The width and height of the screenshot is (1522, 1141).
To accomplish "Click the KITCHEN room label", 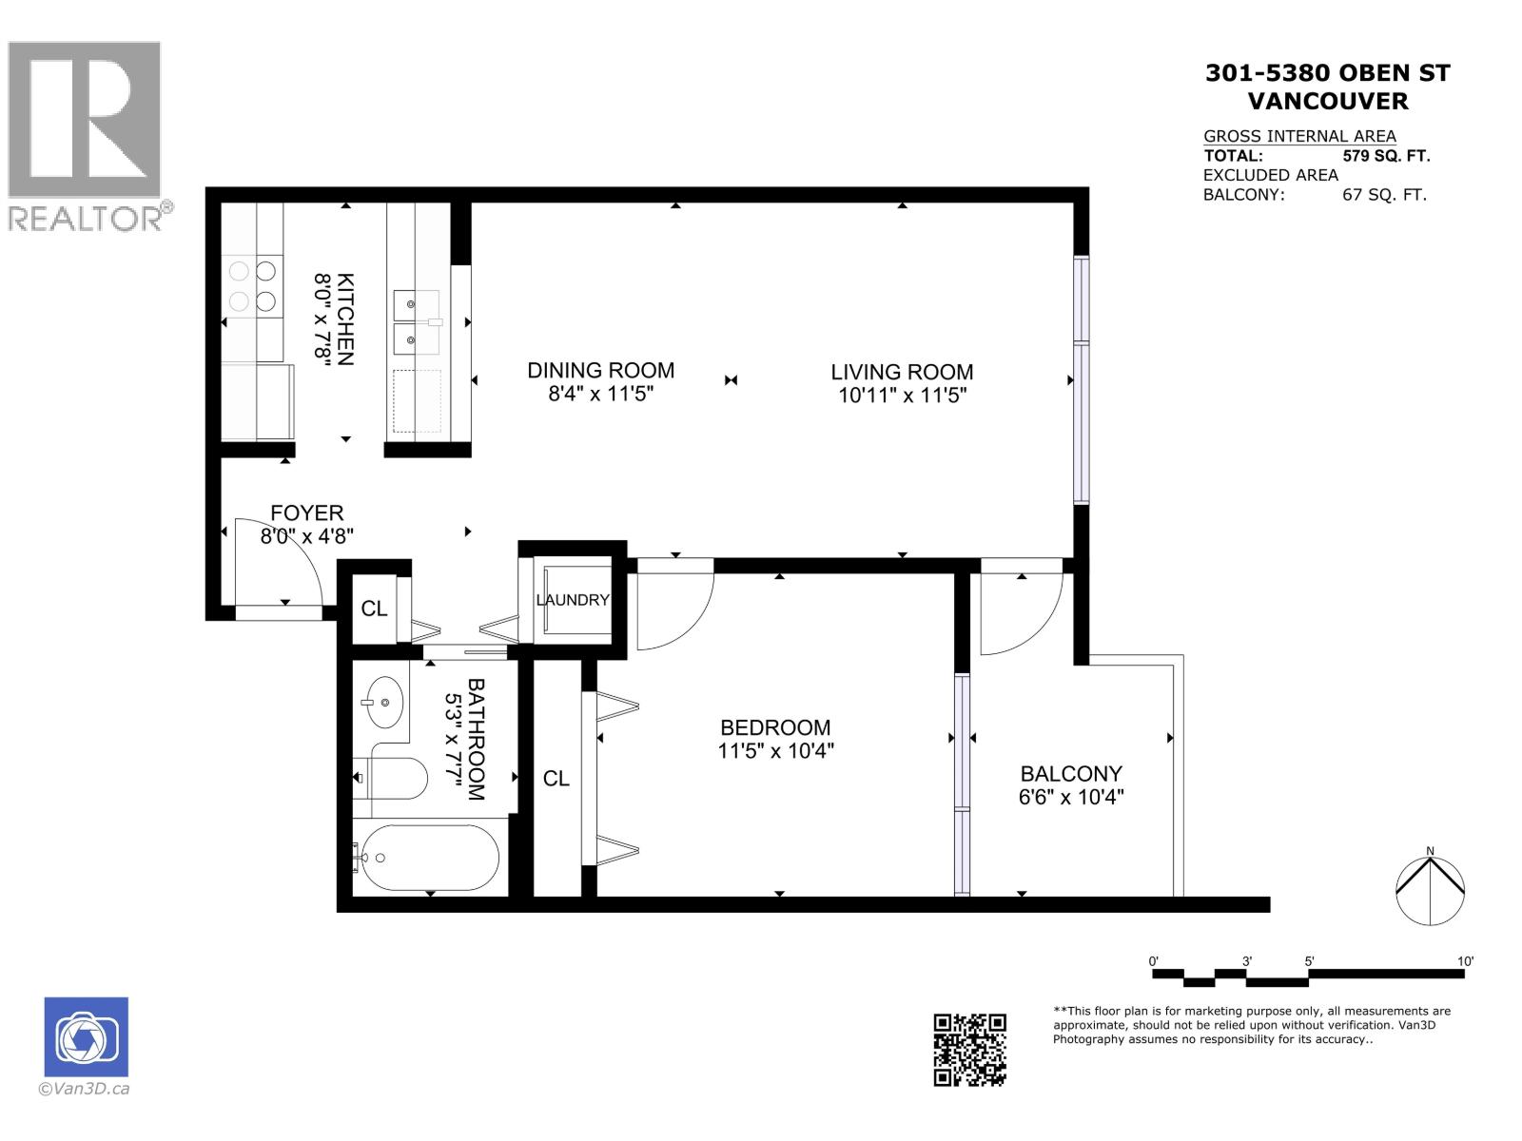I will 347,319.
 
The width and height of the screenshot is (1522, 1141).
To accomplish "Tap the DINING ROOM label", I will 600,371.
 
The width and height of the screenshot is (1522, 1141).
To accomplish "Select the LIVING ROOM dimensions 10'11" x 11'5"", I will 902,396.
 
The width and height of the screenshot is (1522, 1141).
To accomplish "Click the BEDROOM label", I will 775,727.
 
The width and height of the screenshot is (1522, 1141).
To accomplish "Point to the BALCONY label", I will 1071,774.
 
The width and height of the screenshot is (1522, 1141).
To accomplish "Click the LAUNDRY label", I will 573,600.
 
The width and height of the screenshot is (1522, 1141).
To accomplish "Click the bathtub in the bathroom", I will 427,858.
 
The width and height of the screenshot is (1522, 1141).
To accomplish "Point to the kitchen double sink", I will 417,322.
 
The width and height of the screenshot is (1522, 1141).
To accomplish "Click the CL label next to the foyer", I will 374,609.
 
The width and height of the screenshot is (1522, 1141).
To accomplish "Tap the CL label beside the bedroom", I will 556,779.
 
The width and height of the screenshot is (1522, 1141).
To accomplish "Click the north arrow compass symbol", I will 1430,888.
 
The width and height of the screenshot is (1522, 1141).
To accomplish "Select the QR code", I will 969,1049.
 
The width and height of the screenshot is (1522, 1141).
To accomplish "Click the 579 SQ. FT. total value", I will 1386,156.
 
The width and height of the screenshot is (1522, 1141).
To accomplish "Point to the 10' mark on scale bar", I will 1465,961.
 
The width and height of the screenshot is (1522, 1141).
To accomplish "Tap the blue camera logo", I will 86,1037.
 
